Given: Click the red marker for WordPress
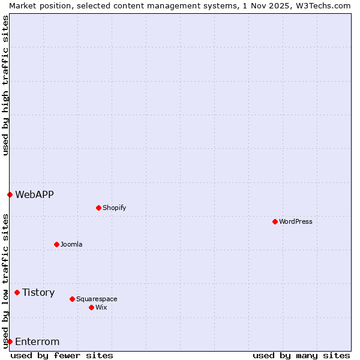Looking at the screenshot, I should click(275, 221).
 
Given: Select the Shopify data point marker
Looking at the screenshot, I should click(98, 208).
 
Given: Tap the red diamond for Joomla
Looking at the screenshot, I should click(56, 244).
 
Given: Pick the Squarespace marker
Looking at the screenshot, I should click(72, 299).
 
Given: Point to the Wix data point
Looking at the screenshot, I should click(91, 307).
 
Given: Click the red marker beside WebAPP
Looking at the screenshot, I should click(10, 194).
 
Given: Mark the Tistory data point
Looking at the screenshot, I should click(17, 292).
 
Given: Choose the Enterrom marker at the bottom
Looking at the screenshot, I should click(10, 341).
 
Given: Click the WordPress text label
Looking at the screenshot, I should click(296, 221).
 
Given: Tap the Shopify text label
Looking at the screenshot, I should click(114, 208).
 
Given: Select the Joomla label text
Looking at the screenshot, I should click(71, 244).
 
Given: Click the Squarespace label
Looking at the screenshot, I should click(97, 299).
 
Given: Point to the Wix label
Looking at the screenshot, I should click(101, 307).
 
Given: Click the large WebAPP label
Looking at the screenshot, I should click(34, 194).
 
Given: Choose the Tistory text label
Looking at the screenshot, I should click(38, 292).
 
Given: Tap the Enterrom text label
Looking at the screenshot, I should click(37, 341).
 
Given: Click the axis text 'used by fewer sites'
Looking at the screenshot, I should click(62, 355).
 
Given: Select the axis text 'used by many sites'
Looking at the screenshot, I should click(301, 355).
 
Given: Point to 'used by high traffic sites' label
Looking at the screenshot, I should click(5, 85).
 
